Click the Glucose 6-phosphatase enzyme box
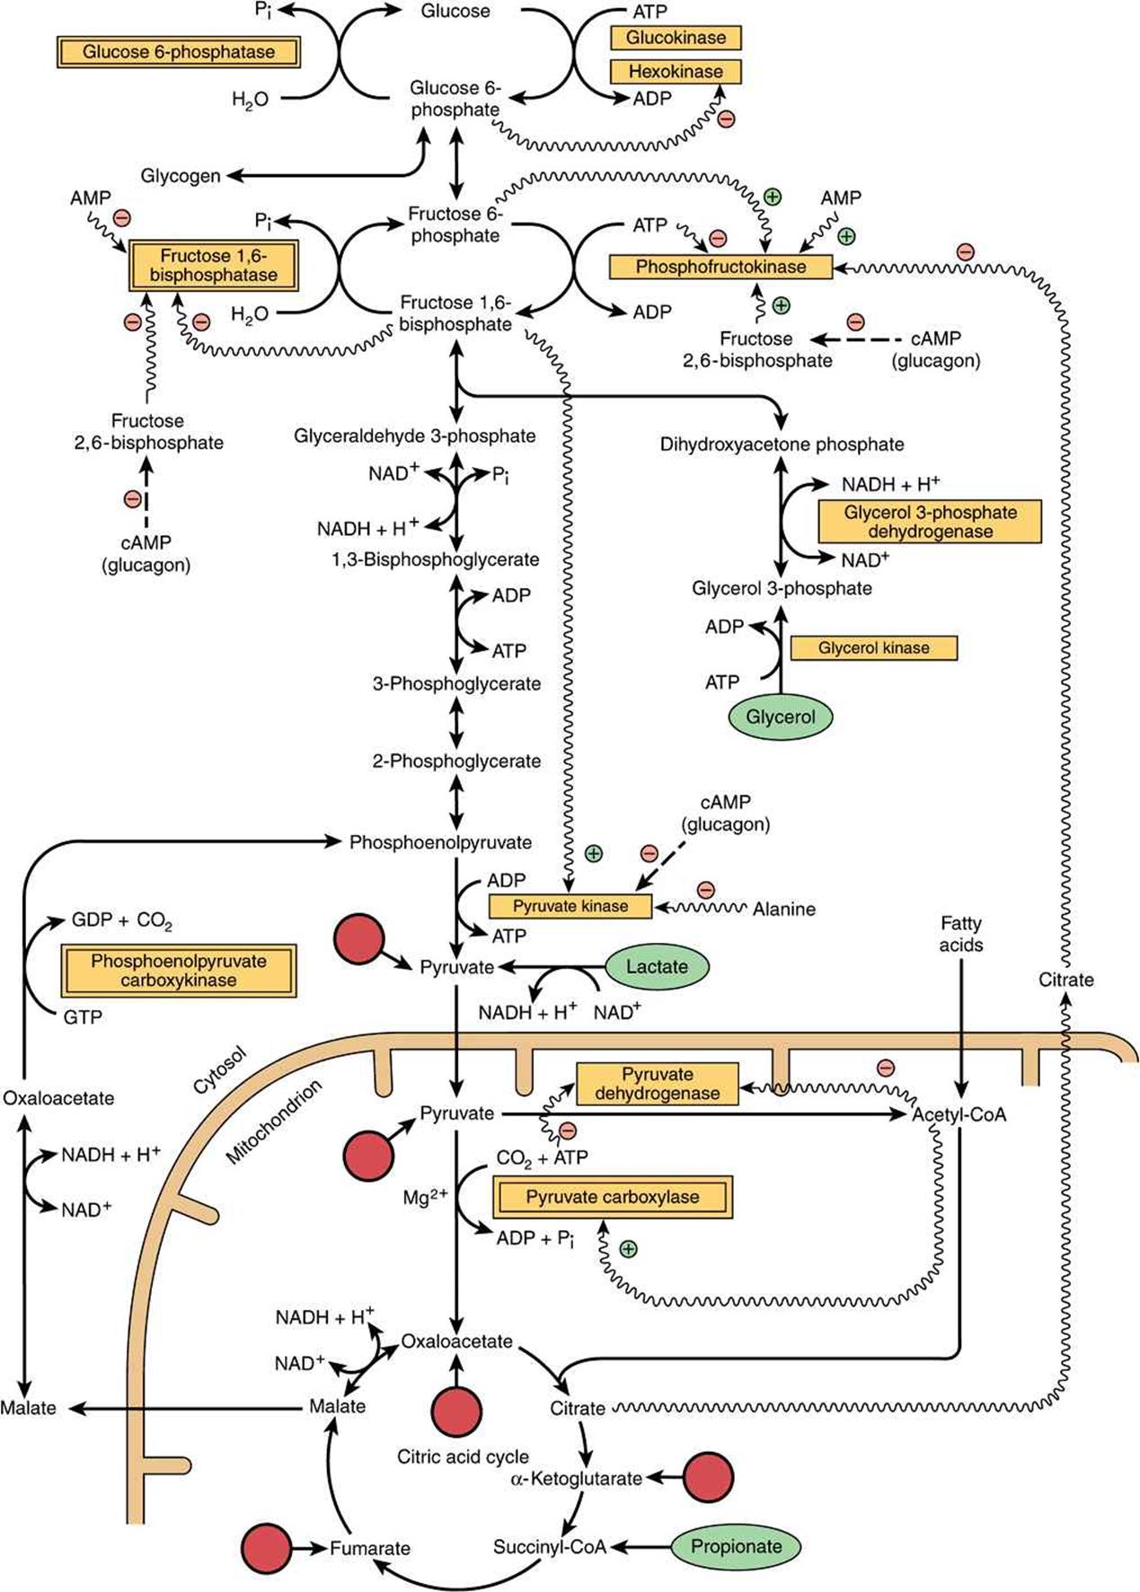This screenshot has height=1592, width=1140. pos(178,52)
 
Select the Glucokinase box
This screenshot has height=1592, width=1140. pos(676,38)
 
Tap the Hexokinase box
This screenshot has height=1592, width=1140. pos(676,72)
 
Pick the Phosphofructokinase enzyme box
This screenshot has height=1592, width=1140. pos(720,267)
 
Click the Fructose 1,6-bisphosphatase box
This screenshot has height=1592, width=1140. pos(213,266)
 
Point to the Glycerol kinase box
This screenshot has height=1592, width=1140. pos(874,647)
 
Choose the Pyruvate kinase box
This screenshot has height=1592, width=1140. pos(570,906)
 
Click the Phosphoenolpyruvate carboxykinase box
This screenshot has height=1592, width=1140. pos(178,971)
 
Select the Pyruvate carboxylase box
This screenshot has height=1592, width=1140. pos(613,1197)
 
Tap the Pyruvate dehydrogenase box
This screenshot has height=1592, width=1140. pos(658,1084)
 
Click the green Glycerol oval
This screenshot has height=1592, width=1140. pos(781,717)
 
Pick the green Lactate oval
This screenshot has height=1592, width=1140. pos(658,967)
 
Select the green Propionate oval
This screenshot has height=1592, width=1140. pos(736,1546)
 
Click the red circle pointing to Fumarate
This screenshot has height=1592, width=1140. pos(267,1548)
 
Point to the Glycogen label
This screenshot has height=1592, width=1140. pos(181,176)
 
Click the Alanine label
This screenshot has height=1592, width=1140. pos(784,909)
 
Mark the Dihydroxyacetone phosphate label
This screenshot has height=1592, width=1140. pos(782,444)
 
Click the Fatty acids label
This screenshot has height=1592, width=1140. pos(961,934)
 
